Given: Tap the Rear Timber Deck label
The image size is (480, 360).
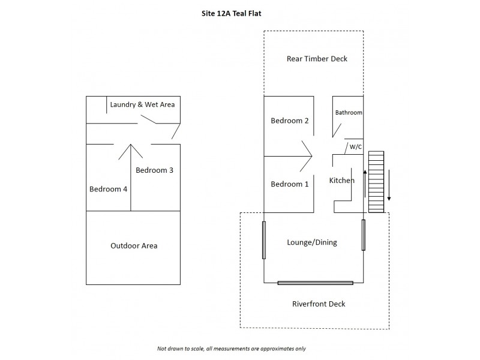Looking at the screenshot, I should (x=317, y=59).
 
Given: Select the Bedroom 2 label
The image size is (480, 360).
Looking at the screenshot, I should (x=290, y=121).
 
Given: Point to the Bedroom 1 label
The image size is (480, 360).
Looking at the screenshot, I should (x=290, y=184).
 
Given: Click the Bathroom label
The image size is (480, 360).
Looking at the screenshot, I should (x=349, y=112).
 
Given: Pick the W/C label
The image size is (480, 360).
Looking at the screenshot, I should (x=355, y=146).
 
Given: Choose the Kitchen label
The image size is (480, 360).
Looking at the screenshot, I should (x=342, y=180).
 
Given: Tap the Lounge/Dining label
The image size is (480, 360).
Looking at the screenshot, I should (x=312, y=242).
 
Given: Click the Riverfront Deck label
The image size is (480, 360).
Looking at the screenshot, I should (x=319, y=304).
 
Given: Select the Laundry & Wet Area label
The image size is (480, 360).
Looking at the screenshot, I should (x=142, y=104).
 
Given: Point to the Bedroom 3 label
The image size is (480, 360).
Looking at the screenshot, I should (x=154, y=170).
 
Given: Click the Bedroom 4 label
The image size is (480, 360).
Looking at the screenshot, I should (x=108, y=189).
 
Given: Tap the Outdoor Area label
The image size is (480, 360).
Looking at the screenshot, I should (x=134, y=246).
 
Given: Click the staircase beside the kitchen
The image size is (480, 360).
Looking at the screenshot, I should (x=376, y=182).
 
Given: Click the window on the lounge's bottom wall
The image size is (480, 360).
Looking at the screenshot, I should (x=316, y=283).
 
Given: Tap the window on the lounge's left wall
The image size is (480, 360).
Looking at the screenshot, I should (x=264, y=240).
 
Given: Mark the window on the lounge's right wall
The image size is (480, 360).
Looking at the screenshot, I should (x=364, y=235).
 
